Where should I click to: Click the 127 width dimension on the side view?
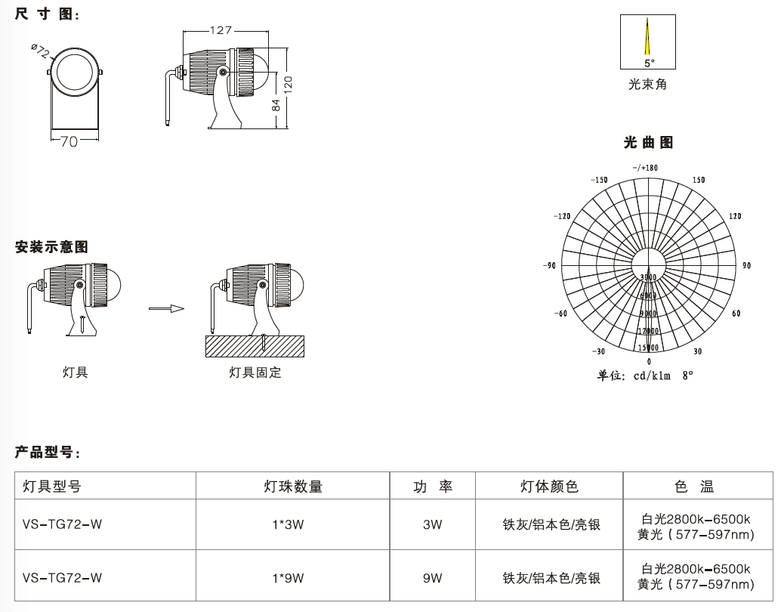coord(221,30)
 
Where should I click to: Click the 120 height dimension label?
coord(288,84)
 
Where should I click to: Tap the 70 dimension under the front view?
coord(69,141)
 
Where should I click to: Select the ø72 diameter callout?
coord(41,51)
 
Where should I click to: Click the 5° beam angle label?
coord(649,63)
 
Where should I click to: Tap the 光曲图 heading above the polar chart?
coord(648,142)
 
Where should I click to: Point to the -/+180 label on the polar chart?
coord(646,167)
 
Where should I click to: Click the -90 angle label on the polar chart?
coord(549,266)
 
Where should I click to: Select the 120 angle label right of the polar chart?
coord(735,217)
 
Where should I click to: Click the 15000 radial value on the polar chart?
coord(648,348)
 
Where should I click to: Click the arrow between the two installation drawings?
coord(166,308)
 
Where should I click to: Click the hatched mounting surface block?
coord(255,347)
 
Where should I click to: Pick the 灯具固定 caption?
coord(255,372)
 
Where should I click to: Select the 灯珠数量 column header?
coord(293,487)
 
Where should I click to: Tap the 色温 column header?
coord(695,487)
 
